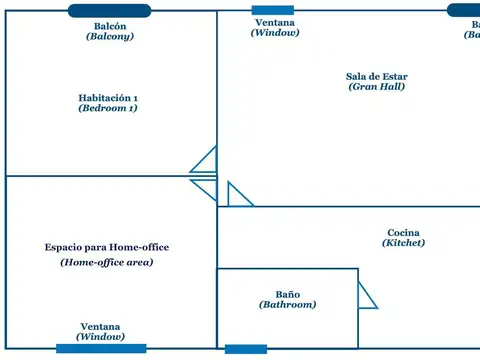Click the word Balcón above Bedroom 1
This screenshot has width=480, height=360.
click(x=110, y=26)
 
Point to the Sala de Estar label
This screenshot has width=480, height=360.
click(x=377, y=76)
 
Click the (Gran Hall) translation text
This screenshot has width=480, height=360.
click(x=377, y=87)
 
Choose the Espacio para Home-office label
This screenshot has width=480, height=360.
click(x=107, y=247)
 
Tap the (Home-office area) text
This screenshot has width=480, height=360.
click(x=107, y=262)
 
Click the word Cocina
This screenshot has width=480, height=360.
click(x=403, y=233)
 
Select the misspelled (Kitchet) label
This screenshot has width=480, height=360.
click(x=403, y=243)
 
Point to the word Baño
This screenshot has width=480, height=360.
click(x=288, y=294)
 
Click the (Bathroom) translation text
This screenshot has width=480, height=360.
click(x=288, y=305)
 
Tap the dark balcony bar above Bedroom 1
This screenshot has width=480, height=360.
click(x=110, y=11)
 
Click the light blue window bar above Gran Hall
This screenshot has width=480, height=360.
click(x=273, y=10)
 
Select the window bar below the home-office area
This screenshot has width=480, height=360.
click(x=101, y=348)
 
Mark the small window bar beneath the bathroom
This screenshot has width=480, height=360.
click(x=246, y=349)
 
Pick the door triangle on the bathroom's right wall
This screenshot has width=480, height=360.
click(x=366, y=295)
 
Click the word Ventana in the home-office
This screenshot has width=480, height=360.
click(x=101, y=327)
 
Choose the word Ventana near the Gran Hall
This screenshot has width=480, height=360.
click(x=275, y=22)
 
